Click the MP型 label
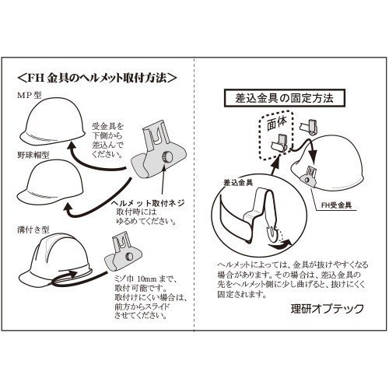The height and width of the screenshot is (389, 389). pos(30,96)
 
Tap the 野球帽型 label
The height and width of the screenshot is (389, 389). pos(33,155)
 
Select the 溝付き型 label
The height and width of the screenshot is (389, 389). pos(33,230)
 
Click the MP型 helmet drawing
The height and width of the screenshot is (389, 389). pos(52,121)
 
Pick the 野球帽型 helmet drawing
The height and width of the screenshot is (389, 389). pos(50,181)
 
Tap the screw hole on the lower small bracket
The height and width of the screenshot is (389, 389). pos(128,256)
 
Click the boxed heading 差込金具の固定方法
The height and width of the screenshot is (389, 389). pos(284,98)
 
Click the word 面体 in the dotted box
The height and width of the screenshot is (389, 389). pos(277,122)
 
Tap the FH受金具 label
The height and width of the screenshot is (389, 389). pos(336,205)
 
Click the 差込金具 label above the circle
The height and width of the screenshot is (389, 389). pos(238,183)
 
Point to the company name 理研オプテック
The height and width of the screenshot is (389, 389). pos(328,309)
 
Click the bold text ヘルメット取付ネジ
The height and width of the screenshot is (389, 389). pos(148,203)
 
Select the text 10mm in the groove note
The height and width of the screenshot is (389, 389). pos(147,279)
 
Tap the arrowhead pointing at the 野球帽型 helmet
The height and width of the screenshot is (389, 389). pos(68,208)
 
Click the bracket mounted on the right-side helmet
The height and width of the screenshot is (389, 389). pos(308,177)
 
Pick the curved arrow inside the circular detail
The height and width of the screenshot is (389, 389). pos(280,244)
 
